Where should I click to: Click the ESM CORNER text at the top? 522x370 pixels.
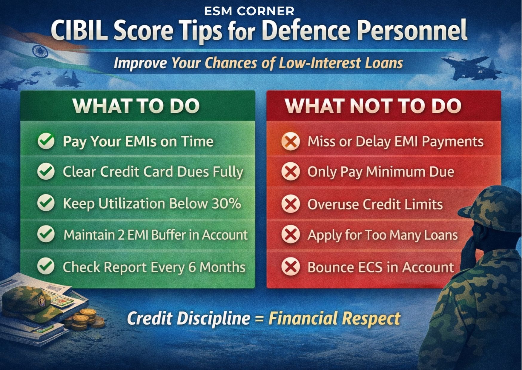(249, 11)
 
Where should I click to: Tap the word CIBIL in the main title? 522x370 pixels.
(79, 31)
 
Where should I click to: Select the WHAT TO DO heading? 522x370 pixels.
(136, 106)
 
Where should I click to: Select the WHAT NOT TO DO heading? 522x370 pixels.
(373, 106)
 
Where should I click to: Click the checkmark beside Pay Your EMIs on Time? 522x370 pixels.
(46, 141)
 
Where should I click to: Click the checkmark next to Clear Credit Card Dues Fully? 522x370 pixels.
(46, 172)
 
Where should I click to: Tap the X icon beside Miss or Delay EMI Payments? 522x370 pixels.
(291, 141)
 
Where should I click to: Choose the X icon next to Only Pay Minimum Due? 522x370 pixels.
(291, 172)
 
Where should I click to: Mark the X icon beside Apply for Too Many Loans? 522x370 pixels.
(291, 235)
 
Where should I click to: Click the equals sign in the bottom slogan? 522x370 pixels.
(259, 319)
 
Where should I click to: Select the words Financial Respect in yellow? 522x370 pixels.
(334, 319)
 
